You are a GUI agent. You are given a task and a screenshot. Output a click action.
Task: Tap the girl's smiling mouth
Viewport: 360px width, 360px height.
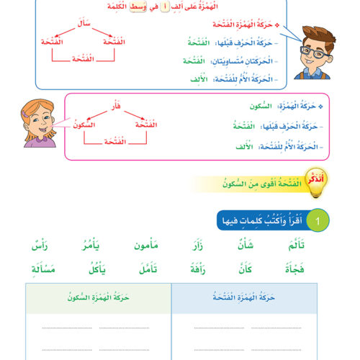click(x=37, y=130)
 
